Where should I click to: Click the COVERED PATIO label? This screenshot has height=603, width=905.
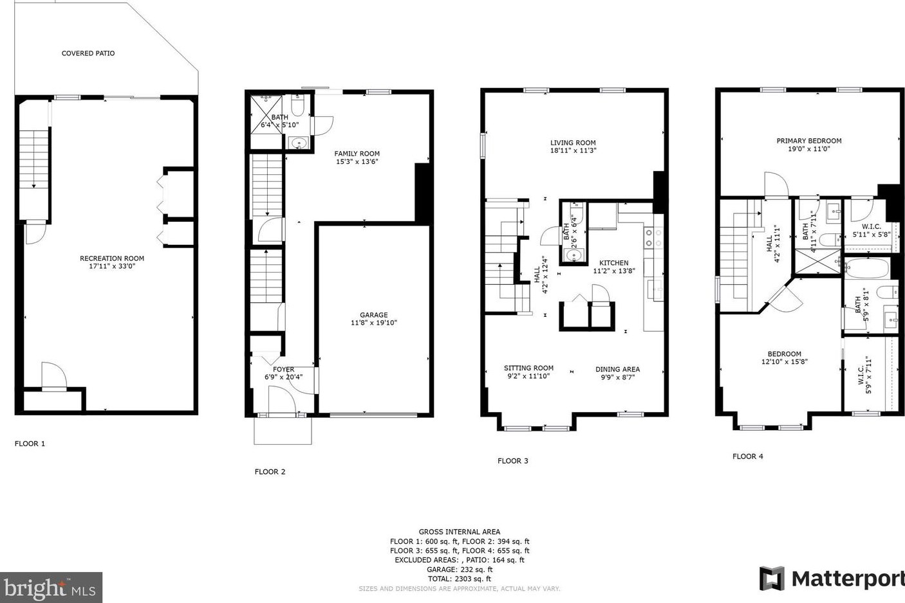click(88, 53)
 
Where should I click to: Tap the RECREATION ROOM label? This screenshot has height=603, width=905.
click(112, 258)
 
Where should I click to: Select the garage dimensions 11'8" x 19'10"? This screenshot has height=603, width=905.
click(374, 323)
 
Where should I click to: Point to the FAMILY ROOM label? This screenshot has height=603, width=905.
click(357, 154)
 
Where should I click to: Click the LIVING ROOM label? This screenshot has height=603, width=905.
click(573, 143)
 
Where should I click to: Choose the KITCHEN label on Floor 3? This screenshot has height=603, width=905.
click(613, 263)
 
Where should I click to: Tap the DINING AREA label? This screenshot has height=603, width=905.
click(617, 369)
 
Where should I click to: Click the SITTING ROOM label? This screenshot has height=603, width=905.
click(528, 368)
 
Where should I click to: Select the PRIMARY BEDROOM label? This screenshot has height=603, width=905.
click(809, 141)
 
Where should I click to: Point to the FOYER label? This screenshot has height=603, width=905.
click(284, 369)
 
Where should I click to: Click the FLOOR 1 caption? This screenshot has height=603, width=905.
click(30, 444)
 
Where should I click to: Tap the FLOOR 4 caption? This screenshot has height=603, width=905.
click(748, 456)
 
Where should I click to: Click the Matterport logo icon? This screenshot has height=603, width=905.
click(772, 579)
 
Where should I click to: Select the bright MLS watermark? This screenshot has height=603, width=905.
click(50, 588)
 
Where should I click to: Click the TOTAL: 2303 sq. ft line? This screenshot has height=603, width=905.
click(460, 579)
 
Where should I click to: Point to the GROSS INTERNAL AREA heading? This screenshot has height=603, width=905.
click(460, 532)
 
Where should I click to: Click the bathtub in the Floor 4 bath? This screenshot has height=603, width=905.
click(867, 268)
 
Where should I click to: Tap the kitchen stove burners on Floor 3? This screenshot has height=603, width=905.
click(654, 238)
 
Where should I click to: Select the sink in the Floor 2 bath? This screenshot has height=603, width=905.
click(299, 143)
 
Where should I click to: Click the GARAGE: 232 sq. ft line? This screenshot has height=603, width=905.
click(460, 570)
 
